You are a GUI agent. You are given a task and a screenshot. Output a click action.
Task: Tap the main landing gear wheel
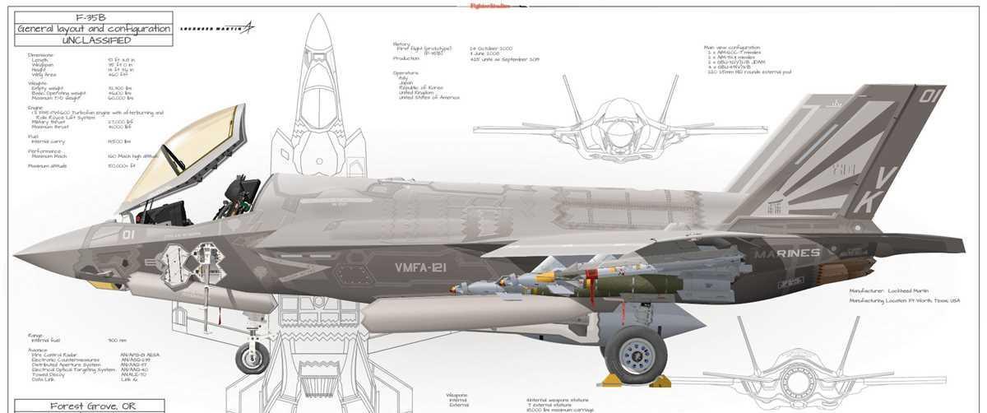click(637, 352)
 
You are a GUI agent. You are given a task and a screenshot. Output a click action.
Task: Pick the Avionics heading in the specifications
click(38, 349)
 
